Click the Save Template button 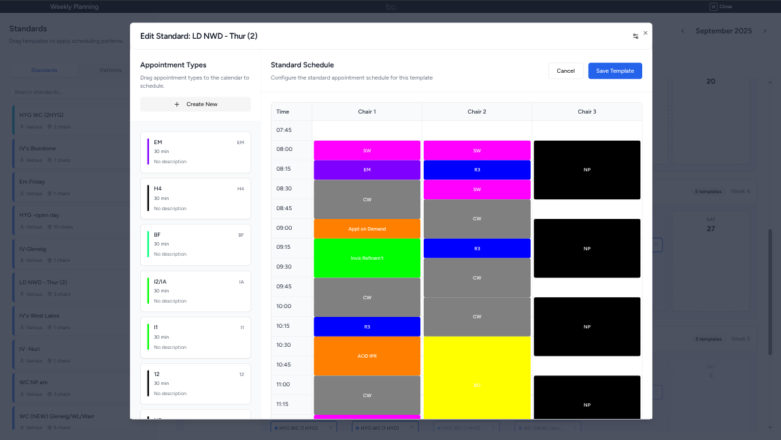click(x=614, y=71)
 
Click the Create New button click(x=195, y=104)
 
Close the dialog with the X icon click(x=646, y=33)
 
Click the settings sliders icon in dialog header click(x=635, y=36)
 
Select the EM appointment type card click(x=195, y=152)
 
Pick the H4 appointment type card click(x=195, y=198)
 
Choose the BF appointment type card click(x=195, y=244)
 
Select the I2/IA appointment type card click(x=195, y=291)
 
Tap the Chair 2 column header click(x=476, y=112)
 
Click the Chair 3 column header click(x=586, y=112)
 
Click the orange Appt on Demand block click(x=367, y=229)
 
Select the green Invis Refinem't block click(x=367, y=258)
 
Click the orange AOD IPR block click(x=367, y=356)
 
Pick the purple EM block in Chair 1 click(x=367, y=170)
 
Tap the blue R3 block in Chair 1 click(x=367, y=326)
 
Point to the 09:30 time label click(x=284, y=267)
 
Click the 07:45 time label click(x=284, y=129)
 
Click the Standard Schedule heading click(x=302, y=65)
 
